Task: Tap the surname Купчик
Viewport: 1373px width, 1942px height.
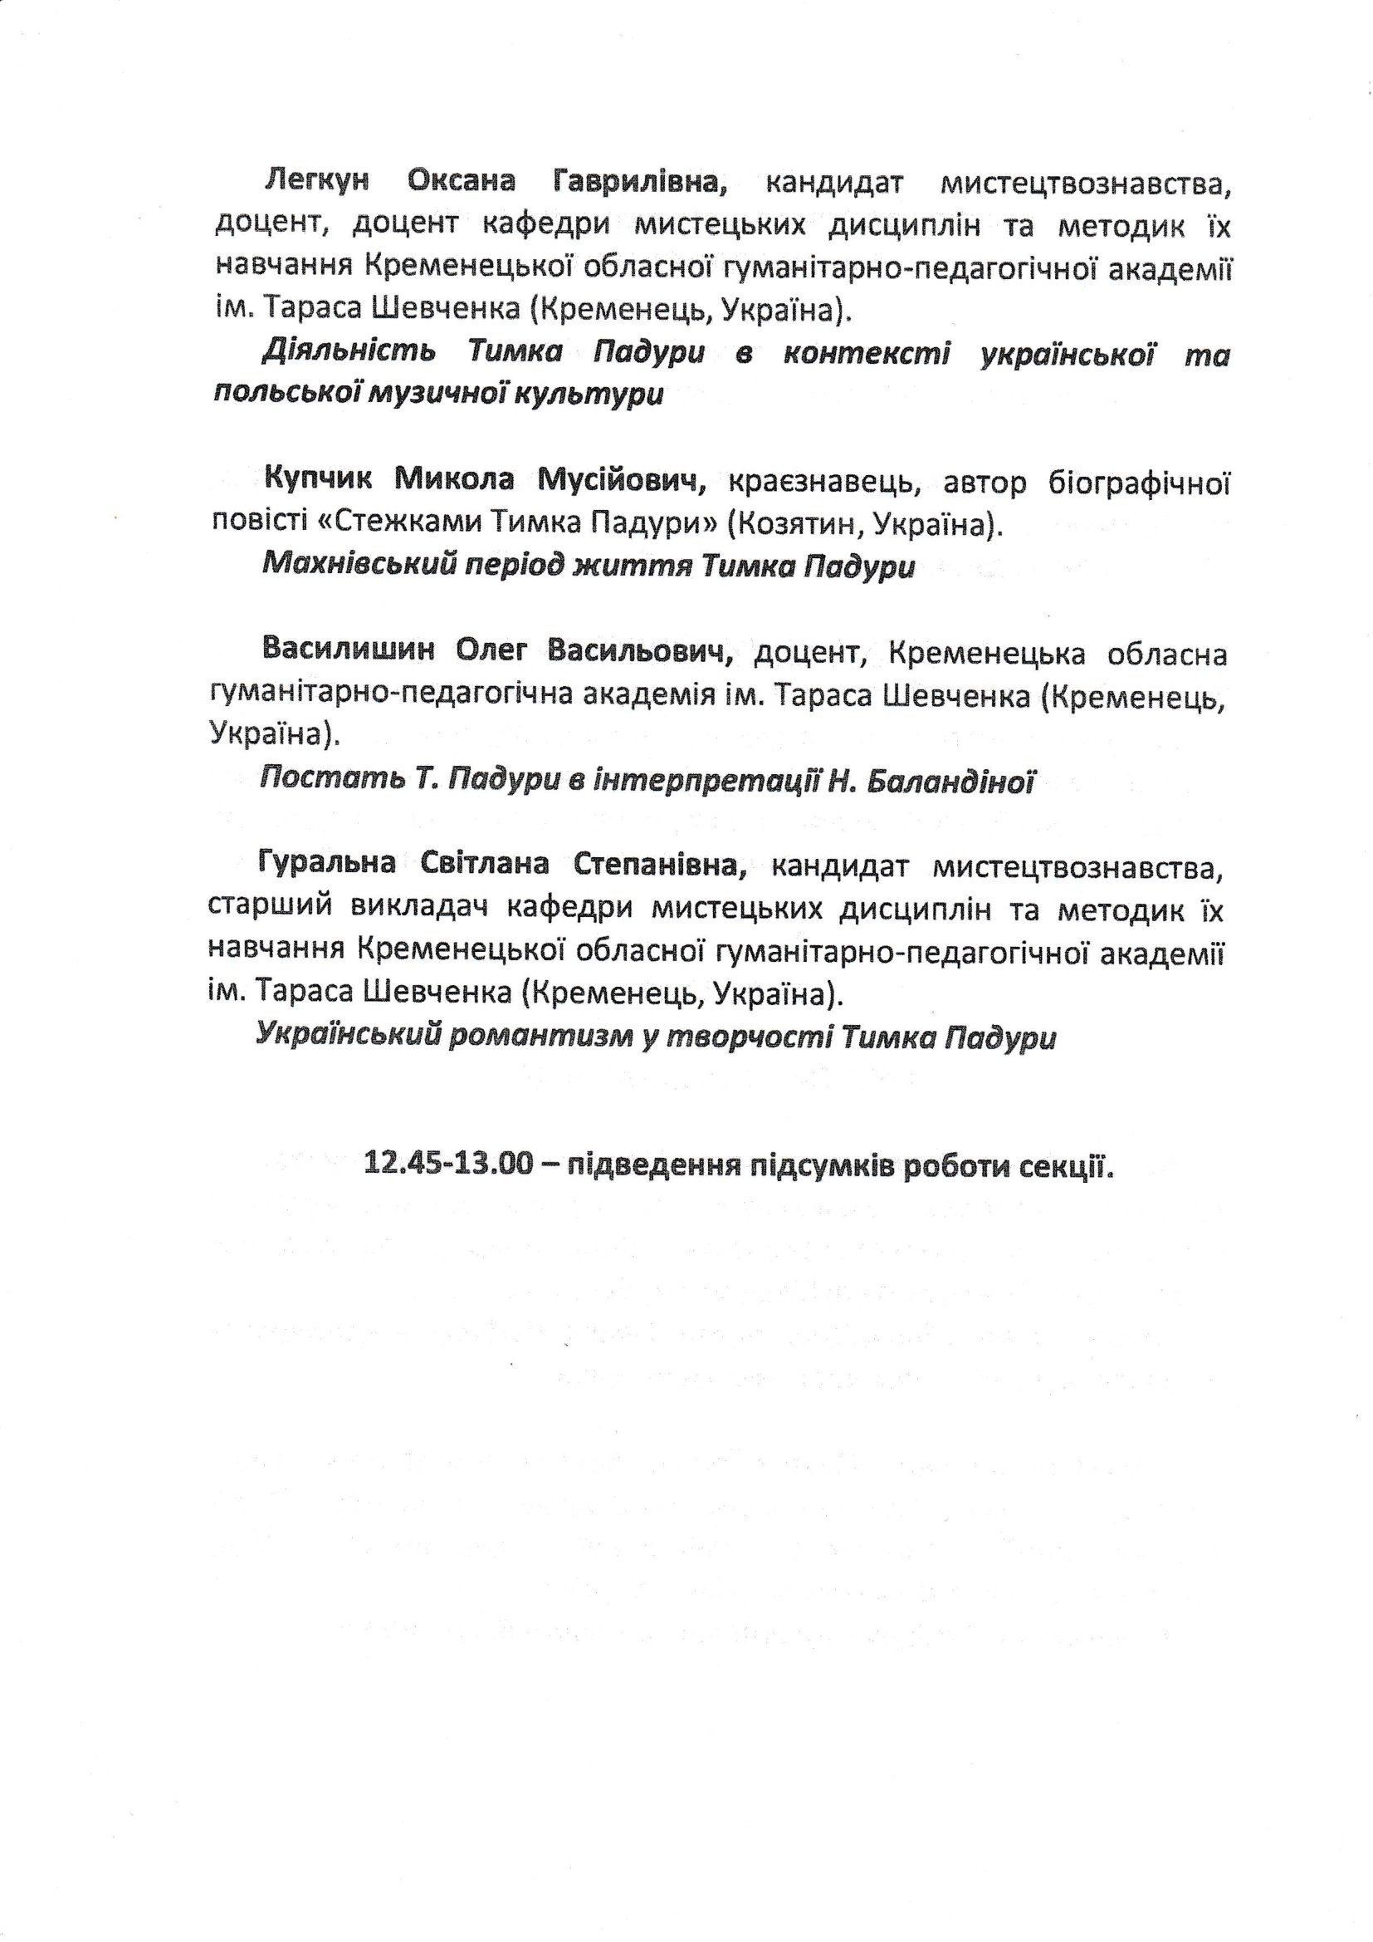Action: [318, 479]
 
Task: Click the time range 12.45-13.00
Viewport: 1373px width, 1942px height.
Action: [449, 1164]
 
